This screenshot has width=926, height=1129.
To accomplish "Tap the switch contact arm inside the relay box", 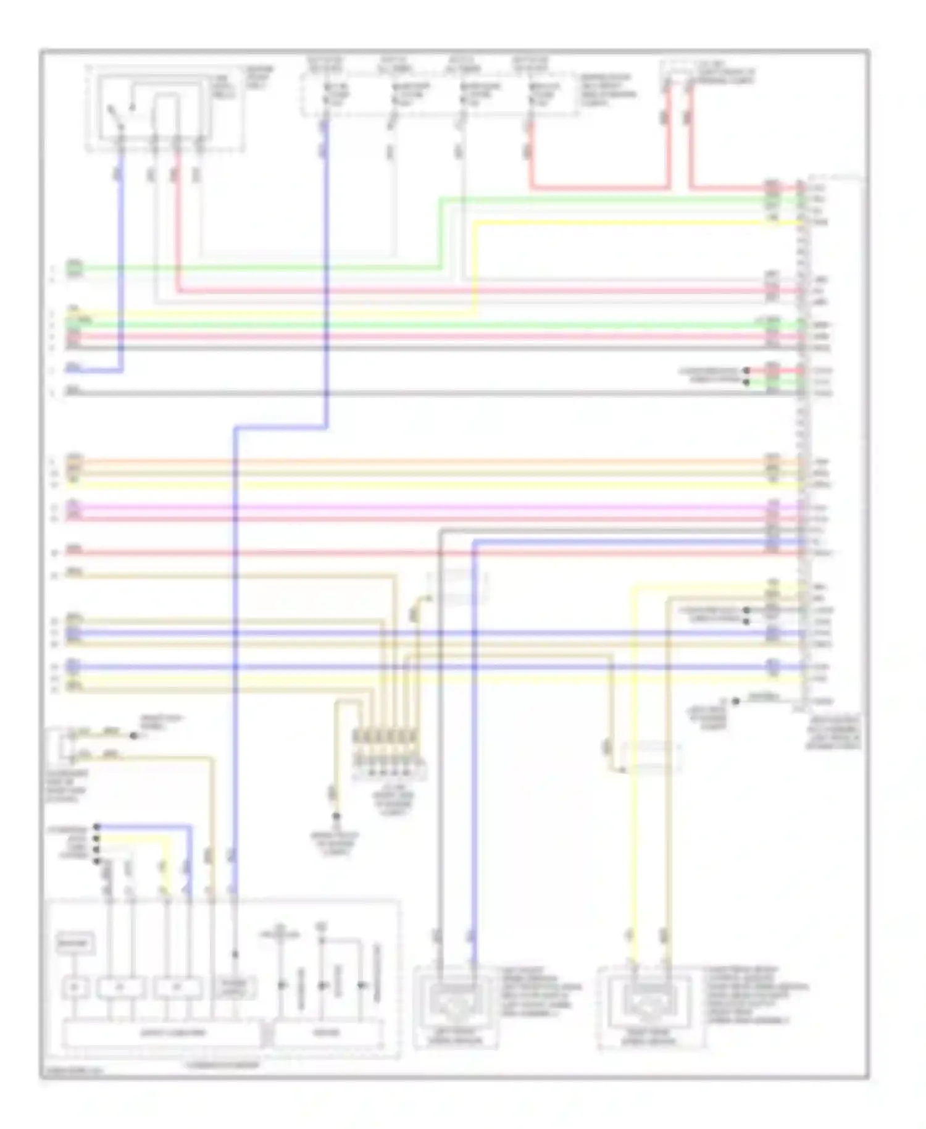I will (x=115, y=115).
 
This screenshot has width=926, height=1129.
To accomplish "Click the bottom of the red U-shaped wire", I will (x=599, y=187).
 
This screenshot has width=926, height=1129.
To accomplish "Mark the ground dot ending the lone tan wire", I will (x=336, y=816).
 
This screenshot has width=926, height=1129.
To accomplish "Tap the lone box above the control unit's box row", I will (x=75, y=944).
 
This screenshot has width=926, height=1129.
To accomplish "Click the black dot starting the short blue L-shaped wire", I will (x=97, y=826).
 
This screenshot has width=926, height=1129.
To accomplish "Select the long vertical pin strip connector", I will (x=801, y=445).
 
